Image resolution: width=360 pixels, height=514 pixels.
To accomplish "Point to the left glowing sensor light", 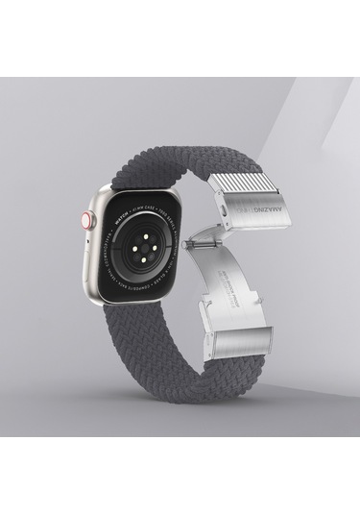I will (x=120, y=235).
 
